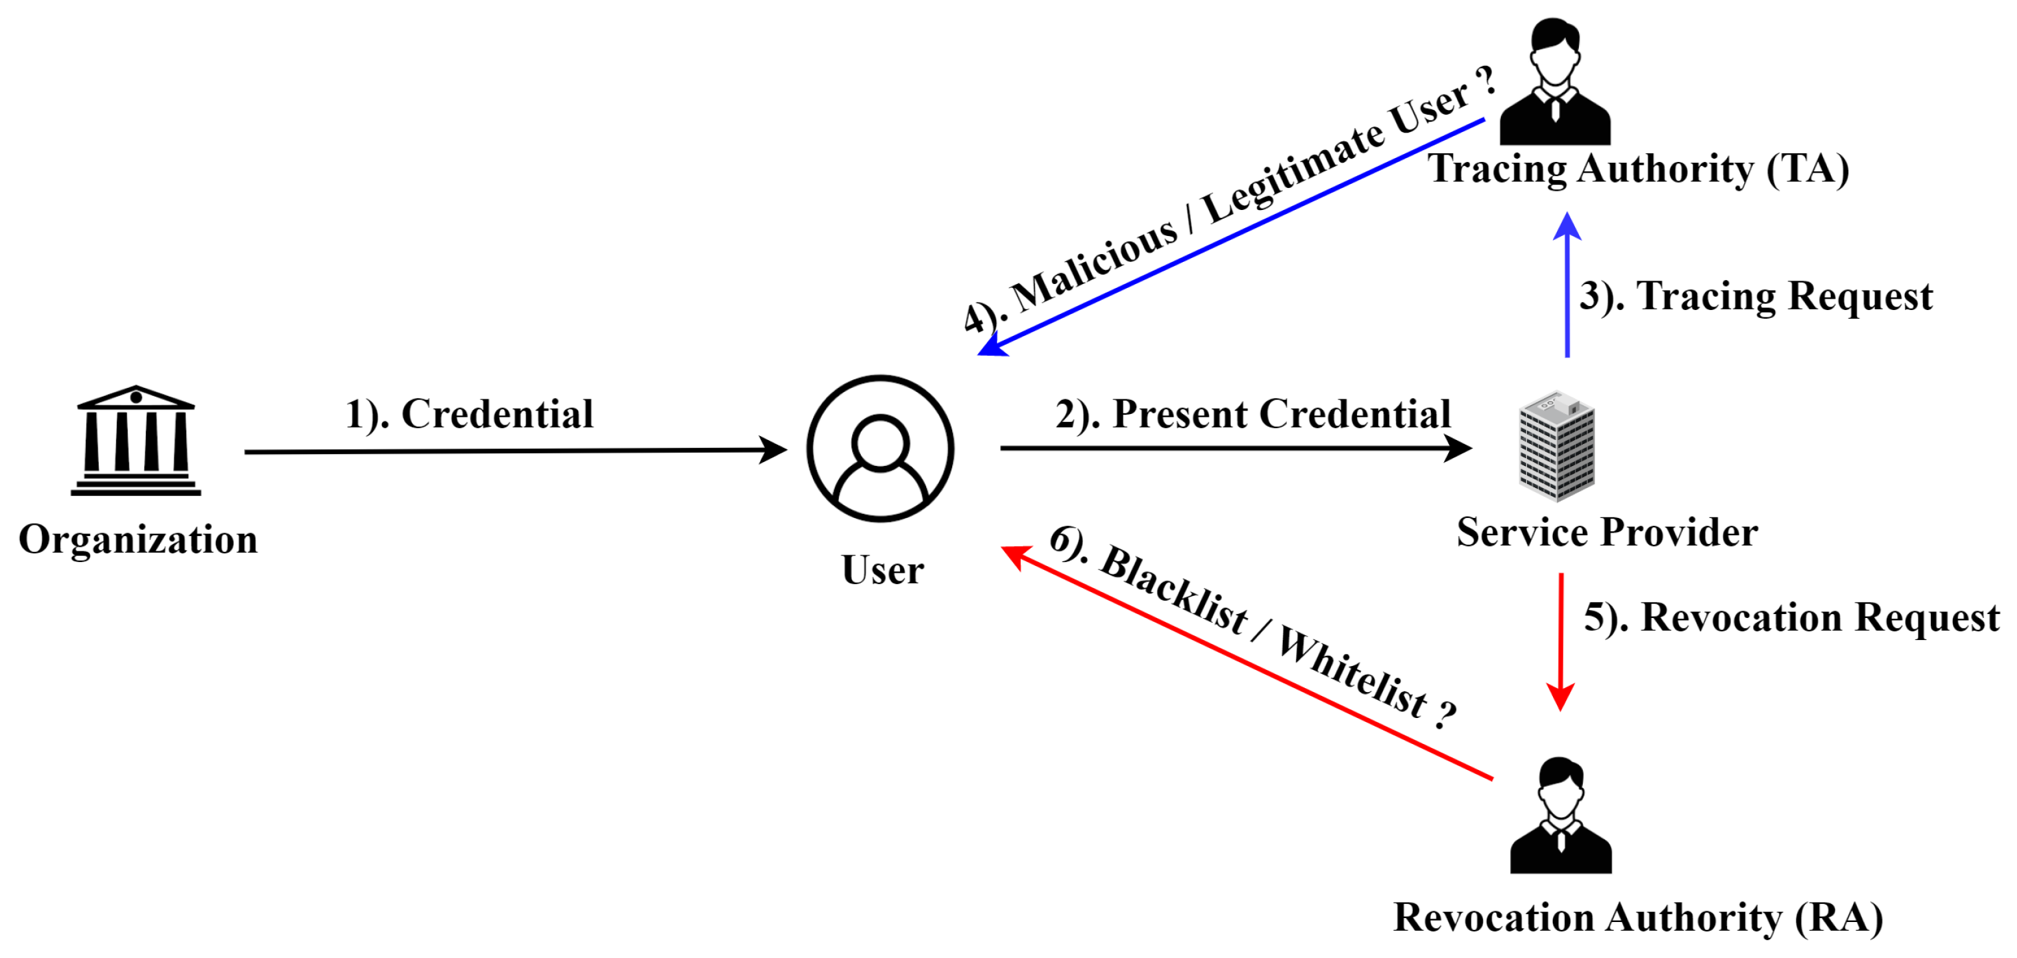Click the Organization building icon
pyautogui.click(x=135, y=440)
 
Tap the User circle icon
pyautogui.click(x=880, y=449)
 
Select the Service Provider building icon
pyautogui.click(x=1557, y=446)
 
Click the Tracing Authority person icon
pyautogui.click(x=1555, y=82)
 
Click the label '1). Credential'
pyautogui.click(x=470, y=414)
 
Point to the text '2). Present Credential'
pyautogui.click(x=1253, y=414)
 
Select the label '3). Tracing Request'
pyautogui.click(x=1756, y=297)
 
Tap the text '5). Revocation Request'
pyautogui.click(x=1792, y=617)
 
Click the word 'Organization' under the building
pyautogui.click(x=139, y=540)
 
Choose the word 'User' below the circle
pyautogui.click(x=882, y=570)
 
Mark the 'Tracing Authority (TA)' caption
pyautogui.click(x=1639, y=169)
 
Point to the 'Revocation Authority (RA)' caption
pyautogui.click(x=1638, y=917)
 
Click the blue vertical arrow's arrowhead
pyautogui.click(x=1567, y=227)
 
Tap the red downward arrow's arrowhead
pyautogui.click(x=1560, y=697)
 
